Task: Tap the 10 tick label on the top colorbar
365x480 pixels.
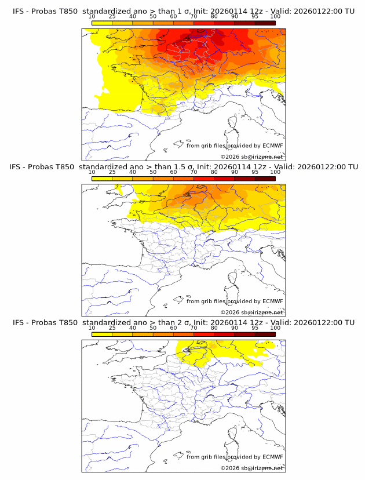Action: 92,17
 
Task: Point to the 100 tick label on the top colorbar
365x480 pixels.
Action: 275,17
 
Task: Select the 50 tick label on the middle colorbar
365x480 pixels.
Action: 153,172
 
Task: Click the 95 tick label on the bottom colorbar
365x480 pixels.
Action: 255,328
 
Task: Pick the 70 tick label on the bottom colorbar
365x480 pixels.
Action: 194,328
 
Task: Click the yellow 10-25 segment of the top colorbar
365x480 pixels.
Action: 101,23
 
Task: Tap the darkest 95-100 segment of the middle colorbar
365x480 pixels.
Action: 265,179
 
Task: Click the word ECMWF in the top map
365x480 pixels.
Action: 273,146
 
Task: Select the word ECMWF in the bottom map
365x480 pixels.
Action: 273,457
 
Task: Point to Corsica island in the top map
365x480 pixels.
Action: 234,123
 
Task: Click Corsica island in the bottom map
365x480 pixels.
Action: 234,434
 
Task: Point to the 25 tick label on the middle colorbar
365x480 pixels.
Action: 112,172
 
